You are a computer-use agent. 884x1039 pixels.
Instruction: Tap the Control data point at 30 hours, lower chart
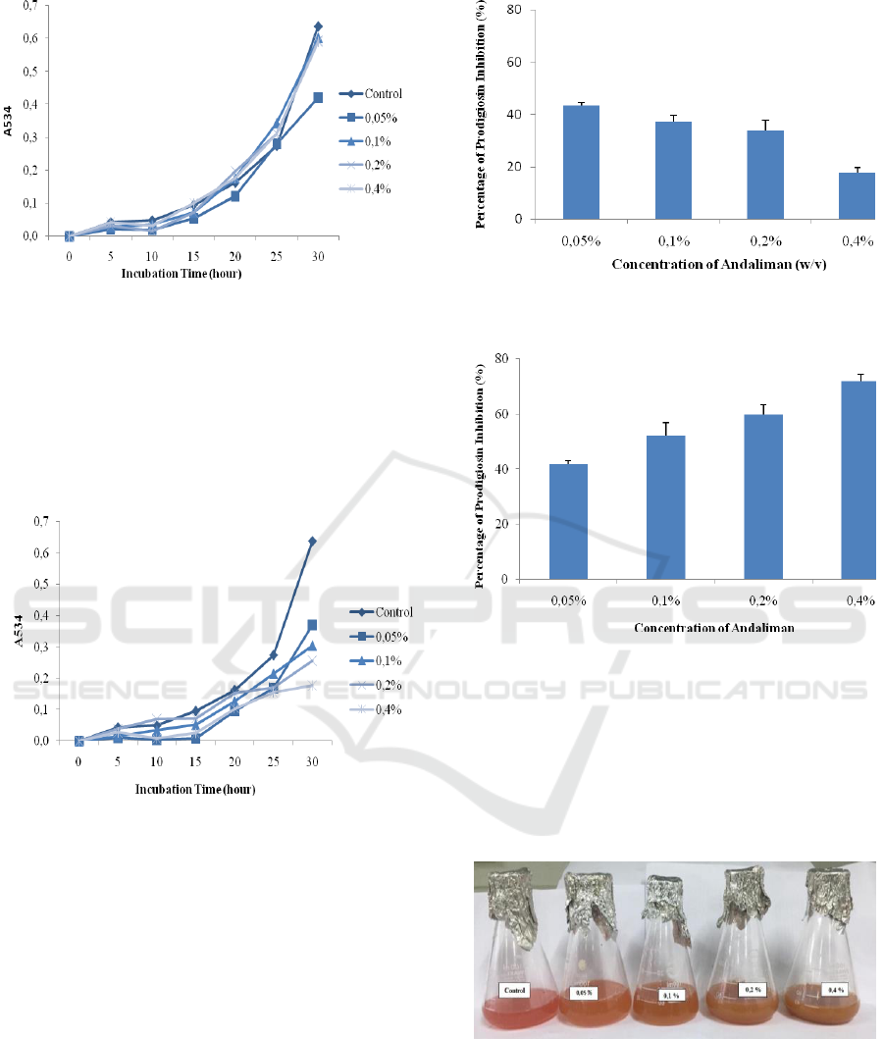[x=312, y=541]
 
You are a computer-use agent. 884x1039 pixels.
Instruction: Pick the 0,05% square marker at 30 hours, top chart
[x=318, y=98]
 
